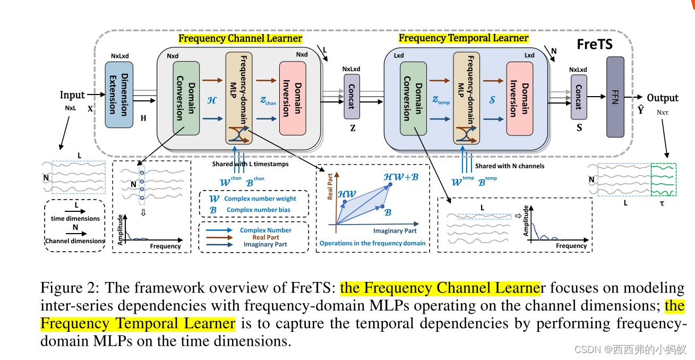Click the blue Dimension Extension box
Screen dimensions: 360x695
[x=119, y=95]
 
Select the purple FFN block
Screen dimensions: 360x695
[x=615, y=97]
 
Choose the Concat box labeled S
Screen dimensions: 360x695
[x=579, y=97]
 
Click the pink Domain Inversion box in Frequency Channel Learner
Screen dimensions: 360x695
[x=293, y=97]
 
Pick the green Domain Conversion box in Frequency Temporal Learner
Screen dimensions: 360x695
[x=414, y=98]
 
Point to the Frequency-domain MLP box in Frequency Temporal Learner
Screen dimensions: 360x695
[x=466, y=98]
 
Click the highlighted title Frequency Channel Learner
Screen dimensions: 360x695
[x=240, y=38]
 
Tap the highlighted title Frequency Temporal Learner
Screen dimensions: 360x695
[x=463, y=38]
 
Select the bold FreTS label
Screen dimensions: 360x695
[x=594, y=45]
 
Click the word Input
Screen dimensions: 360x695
[x=72, y=95]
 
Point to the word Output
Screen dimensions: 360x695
[x=662, y=98]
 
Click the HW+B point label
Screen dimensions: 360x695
[x=401, y=176]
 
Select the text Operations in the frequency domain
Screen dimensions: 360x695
[x=372, y=243]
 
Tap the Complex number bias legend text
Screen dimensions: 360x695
[x=258, y=210]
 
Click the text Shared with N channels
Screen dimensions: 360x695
[x=509, y=166]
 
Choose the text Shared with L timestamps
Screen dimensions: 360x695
[x=251, y=164]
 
